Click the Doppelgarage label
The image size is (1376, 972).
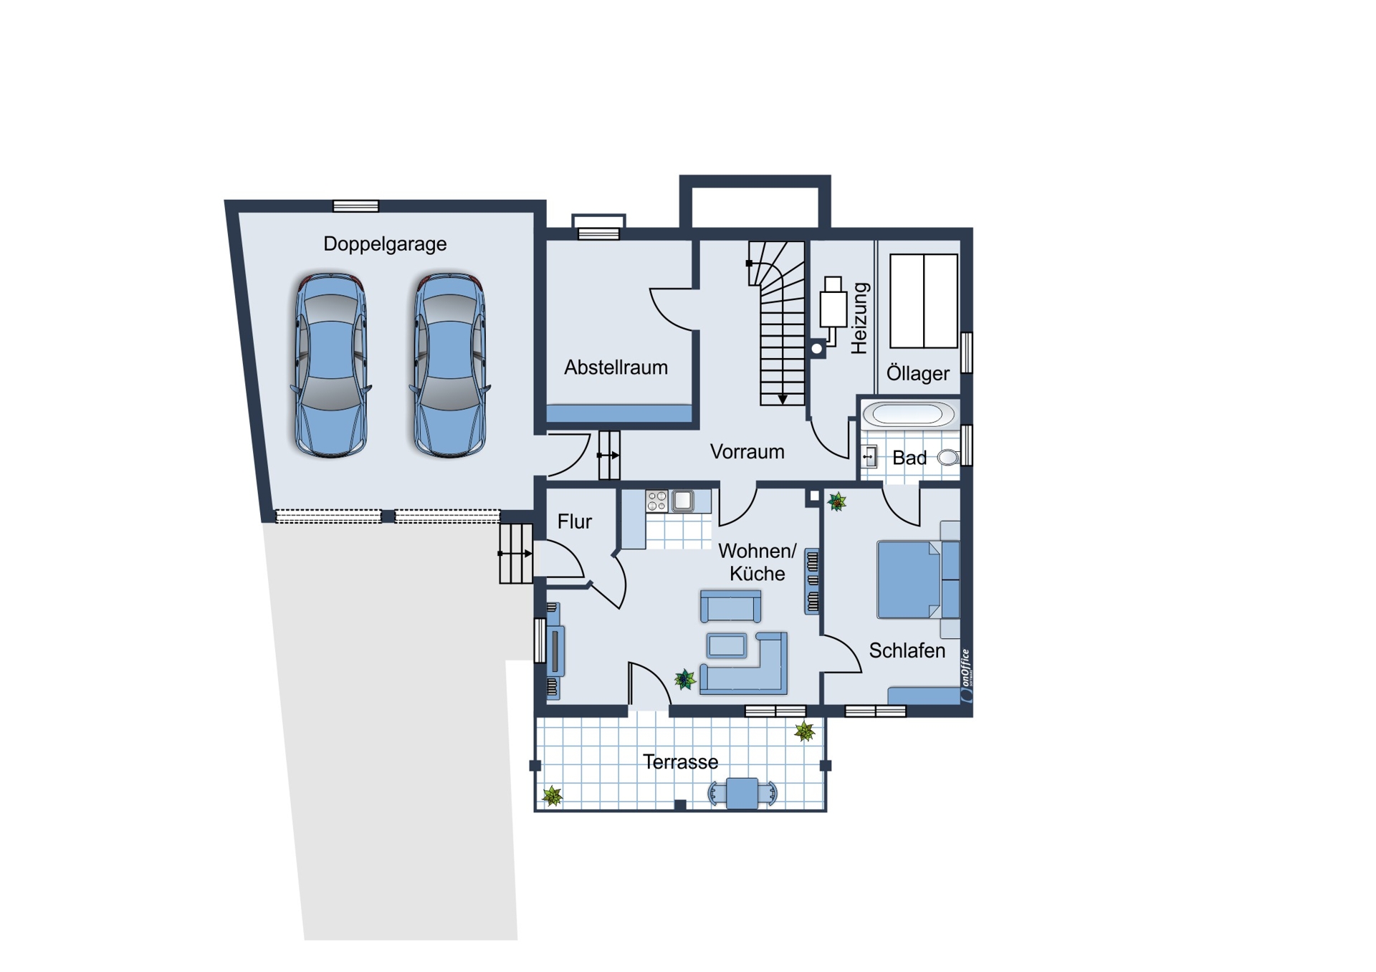(x=385, y=244)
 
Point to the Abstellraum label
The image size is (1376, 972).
(x=616, y=367)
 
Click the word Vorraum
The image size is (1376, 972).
(x=747, y=452)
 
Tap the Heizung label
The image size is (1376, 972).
(x=859, y=318)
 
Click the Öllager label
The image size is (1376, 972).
(x=917, y=372)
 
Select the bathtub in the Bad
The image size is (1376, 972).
(x=908, y=414)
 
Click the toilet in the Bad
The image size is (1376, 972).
(x=948, y=457)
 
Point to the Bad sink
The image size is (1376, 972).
(x=869, y=456)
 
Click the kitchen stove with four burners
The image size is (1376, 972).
(x=656, y=501)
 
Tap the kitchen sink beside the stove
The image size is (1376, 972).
(x=682, y=500)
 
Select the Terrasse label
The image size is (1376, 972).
(x=680, y=762)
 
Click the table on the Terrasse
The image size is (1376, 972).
(x=742, y=794)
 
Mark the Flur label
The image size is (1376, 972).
(x=575, y=521)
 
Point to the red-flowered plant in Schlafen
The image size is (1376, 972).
(x=836, y=501)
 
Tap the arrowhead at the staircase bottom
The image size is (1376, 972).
(x=783, y=399)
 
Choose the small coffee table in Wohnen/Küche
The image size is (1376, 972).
(x=727, y=645)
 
